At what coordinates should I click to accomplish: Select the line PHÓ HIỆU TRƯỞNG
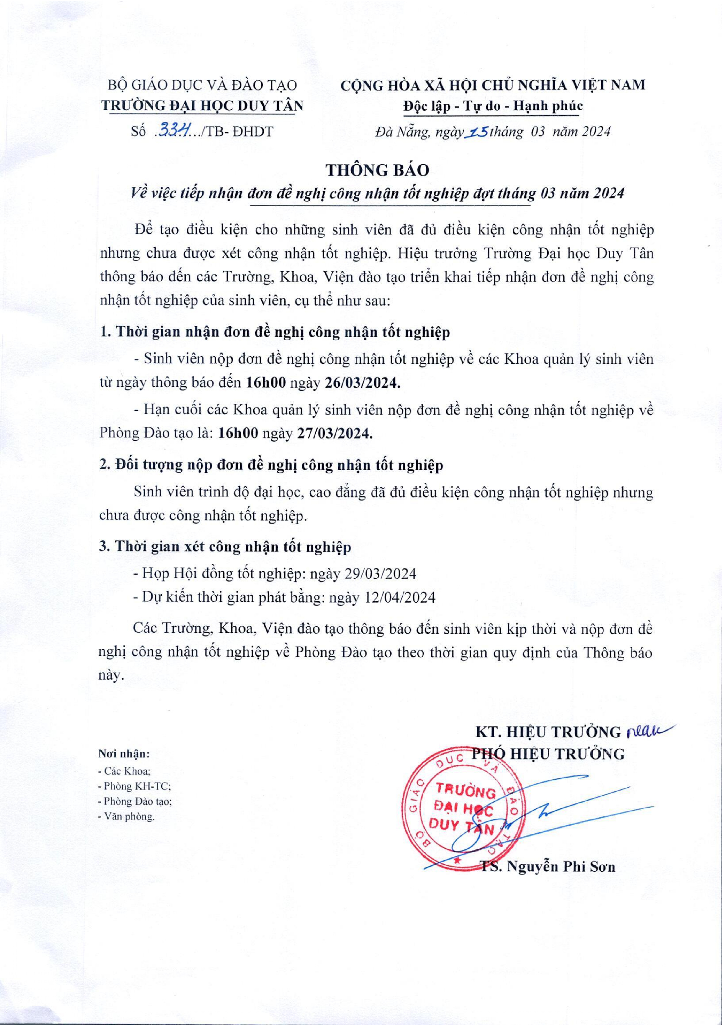tap(549, 754)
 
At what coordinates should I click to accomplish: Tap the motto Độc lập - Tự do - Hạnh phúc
tap(493, 106)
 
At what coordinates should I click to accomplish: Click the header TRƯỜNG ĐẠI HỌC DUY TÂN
tap(202, 106)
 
